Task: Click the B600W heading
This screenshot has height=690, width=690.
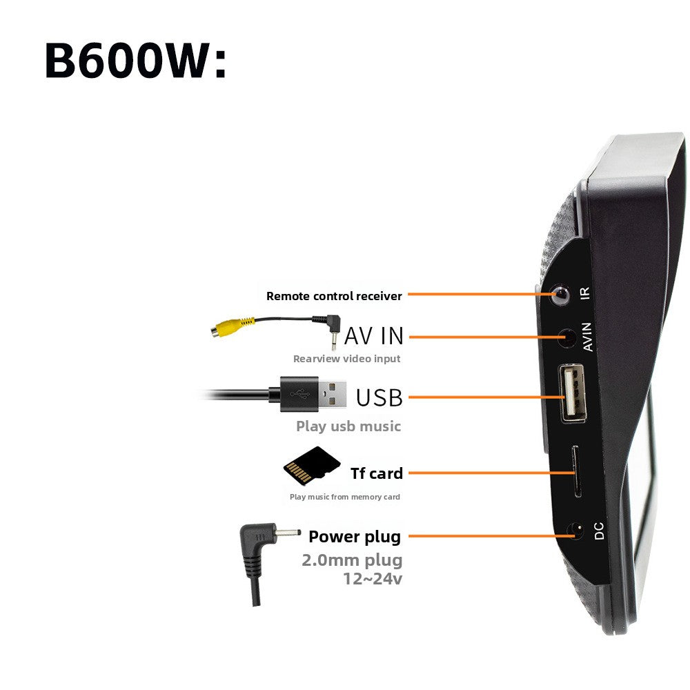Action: coord(135,60)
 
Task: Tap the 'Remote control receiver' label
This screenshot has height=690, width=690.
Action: coord(334,296)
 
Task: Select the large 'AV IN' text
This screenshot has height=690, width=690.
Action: coord(374,336)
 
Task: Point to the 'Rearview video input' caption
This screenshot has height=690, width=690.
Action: coord(347,359)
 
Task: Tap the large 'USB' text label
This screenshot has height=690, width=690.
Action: coord(379,398)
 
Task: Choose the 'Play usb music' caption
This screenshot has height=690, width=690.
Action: coord(348,426)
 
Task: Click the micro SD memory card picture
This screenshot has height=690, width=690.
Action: coord(312,464)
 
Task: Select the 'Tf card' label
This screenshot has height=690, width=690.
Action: coord(377,473)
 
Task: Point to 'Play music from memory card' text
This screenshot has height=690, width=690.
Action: coord(344,497)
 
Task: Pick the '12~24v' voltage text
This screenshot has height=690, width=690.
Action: coord(373,579)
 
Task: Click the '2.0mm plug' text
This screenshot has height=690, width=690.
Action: coord(352,560)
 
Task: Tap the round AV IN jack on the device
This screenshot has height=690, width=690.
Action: coord(568,338)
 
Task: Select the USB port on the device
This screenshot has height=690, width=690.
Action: coord(573,393)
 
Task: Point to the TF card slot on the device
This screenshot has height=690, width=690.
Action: coord(576,472)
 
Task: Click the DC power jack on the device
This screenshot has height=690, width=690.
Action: coord(576,531)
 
